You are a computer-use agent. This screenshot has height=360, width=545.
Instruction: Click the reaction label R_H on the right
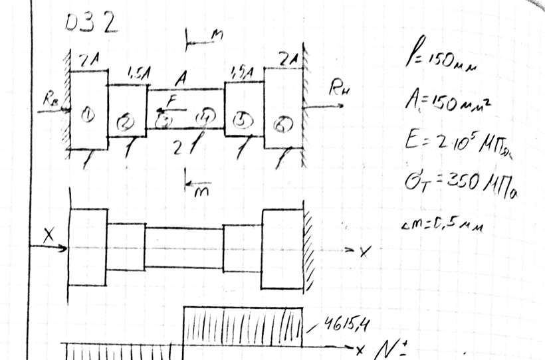point(339,87)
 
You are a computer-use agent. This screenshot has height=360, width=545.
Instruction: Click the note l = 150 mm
point(440,64)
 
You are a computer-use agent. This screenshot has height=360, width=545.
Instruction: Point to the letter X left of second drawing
point(49,236)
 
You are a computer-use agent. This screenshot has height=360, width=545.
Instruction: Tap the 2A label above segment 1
point(88,61)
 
